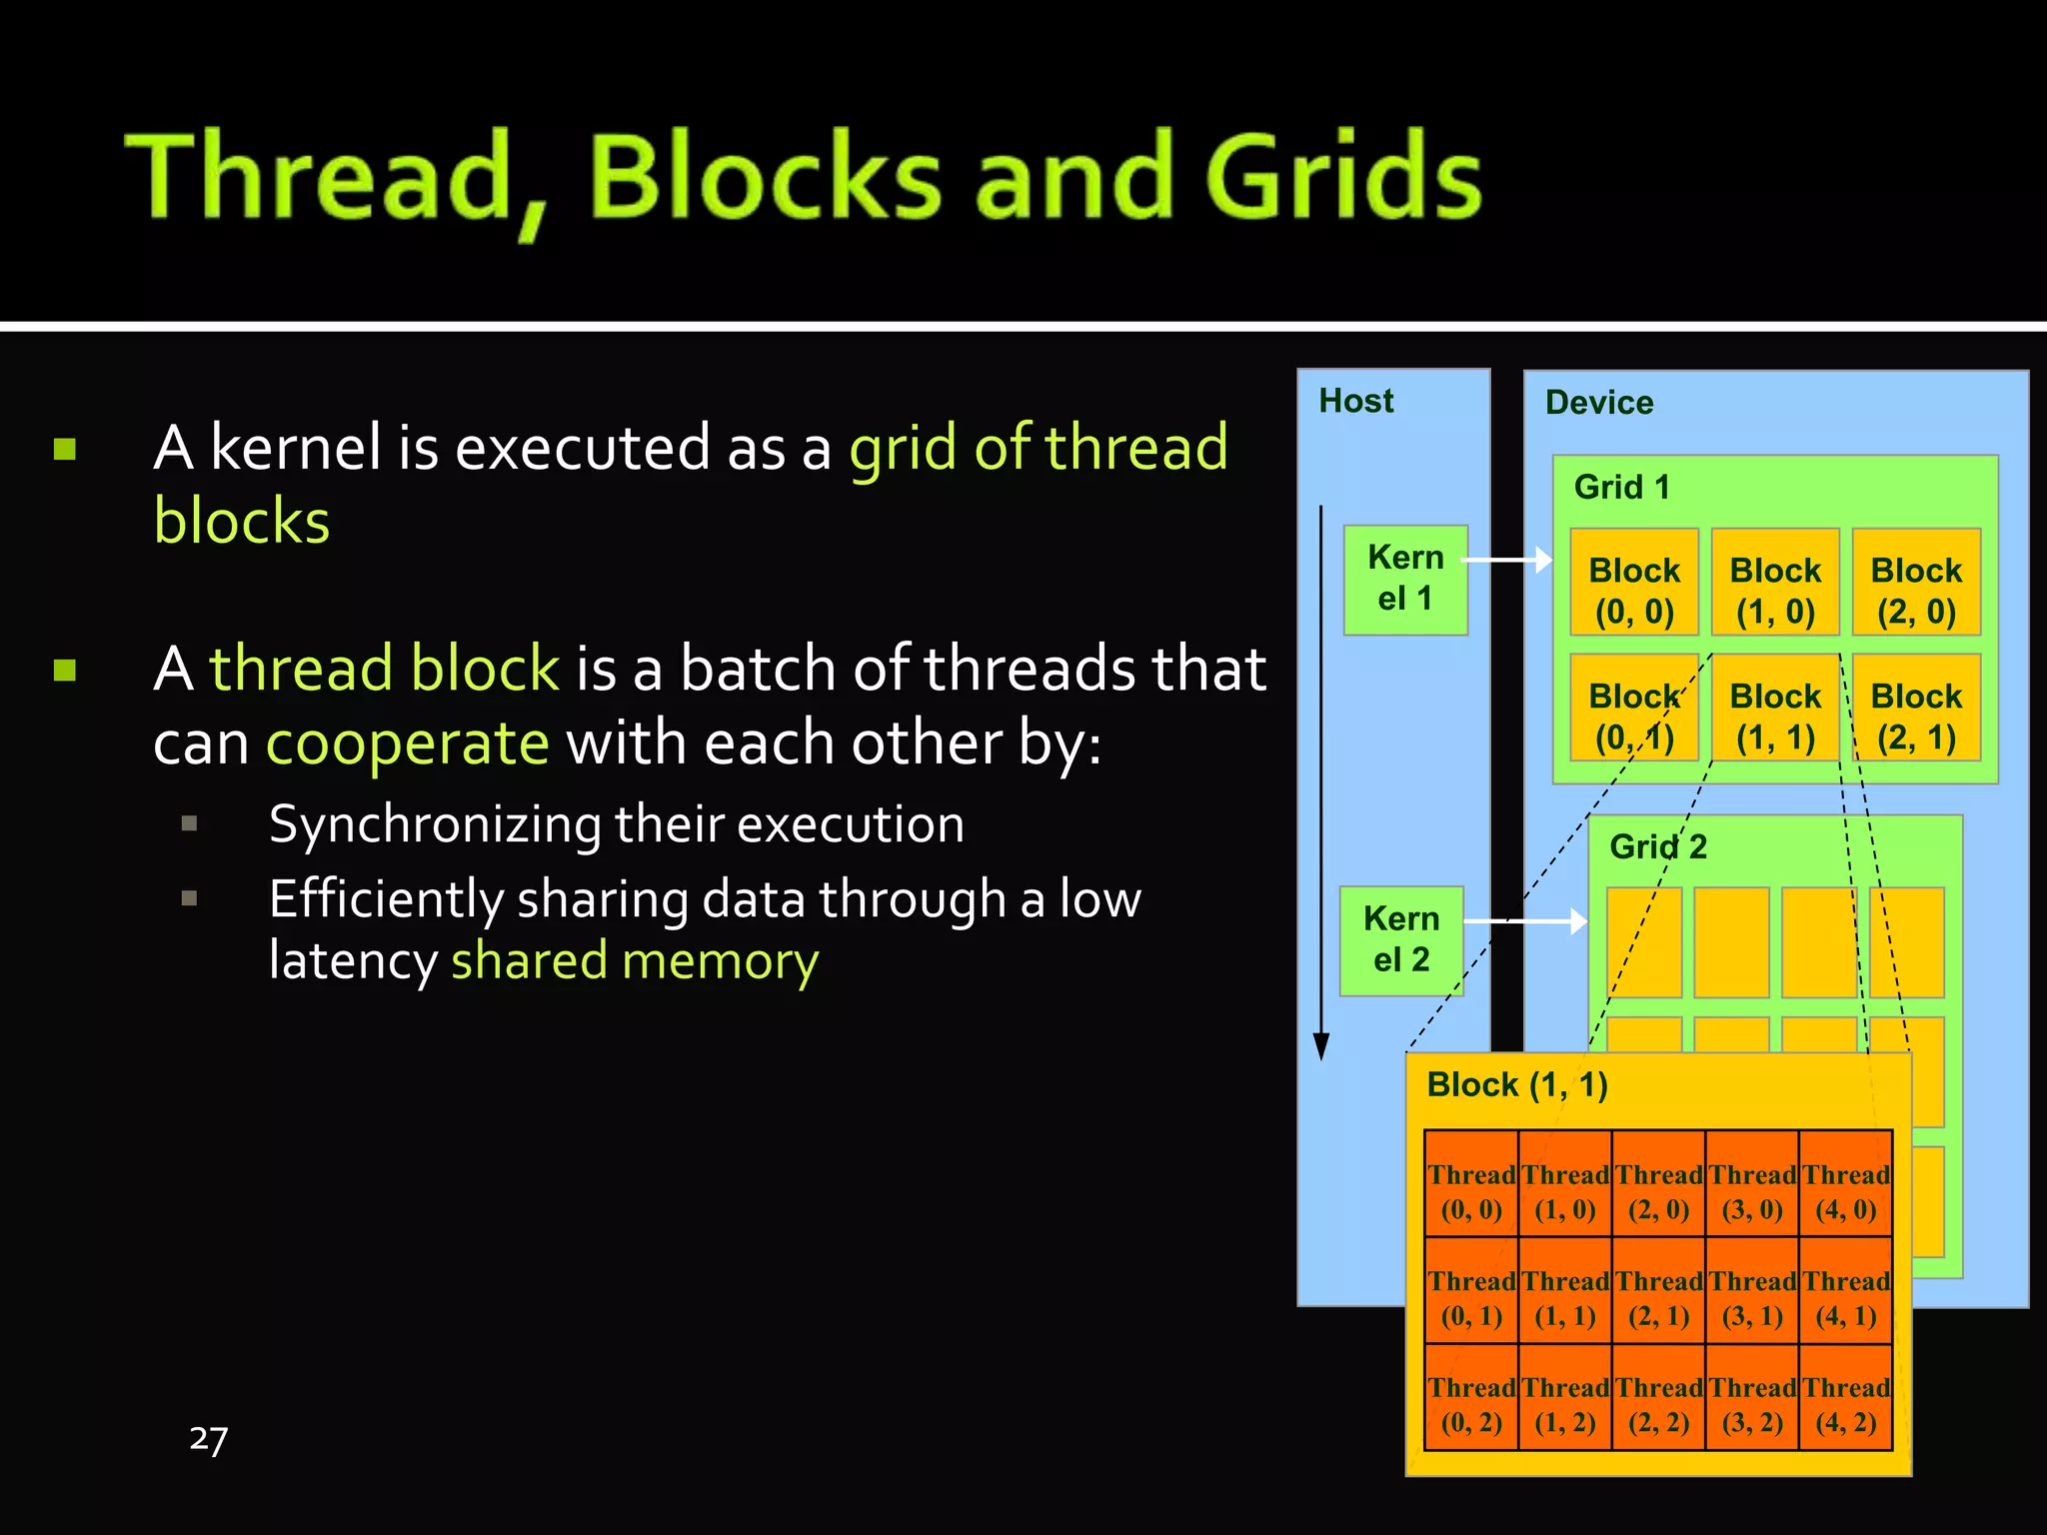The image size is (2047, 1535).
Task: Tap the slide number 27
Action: pyautogui.click(x=208, y=1439)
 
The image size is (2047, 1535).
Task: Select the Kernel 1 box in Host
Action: pyautogui.click(x=1405, y=580)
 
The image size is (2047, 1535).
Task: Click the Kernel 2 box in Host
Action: pyautogui.click(x=1401, y=940)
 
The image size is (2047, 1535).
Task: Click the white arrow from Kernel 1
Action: pyautogui.click(x=1507, y=561)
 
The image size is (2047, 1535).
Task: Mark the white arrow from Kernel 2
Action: pyautogui.click(x=1527, y=920)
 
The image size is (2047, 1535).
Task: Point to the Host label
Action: pyautogui.click(x=1355, y=401)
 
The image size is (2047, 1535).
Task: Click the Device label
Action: pyautogui.click(x=1598, y=403)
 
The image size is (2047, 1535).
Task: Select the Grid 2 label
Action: pyautogui.click(x=1657, y=846)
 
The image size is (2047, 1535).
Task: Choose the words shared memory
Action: pyautogui.click(x=635, y=961)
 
